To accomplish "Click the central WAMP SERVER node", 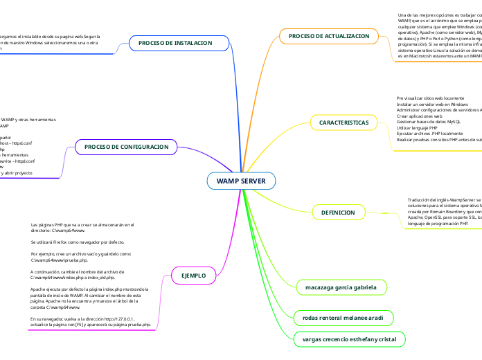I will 241,181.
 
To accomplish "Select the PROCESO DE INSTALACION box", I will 175,43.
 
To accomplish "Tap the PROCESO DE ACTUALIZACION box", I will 329,35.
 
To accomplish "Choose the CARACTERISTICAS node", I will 343,123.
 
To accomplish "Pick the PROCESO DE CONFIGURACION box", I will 126,147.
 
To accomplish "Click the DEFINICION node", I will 338,212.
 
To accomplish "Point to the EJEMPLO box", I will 193,276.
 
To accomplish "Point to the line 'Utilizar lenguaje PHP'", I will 417,128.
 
